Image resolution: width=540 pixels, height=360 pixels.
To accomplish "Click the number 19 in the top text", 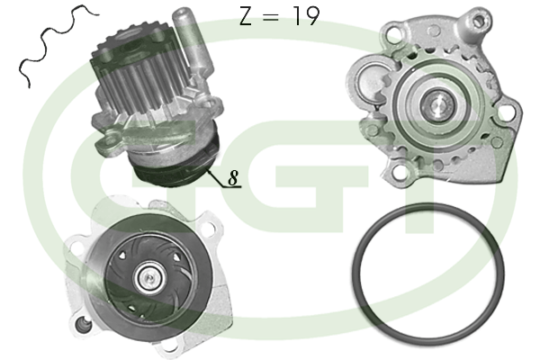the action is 307,16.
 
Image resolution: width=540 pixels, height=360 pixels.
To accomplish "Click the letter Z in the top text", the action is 246,16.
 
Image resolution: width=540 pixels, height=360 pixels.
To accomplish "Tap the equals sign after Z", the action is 270,17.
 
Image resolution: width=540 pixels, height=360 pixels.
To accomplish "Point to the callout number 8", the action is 233,177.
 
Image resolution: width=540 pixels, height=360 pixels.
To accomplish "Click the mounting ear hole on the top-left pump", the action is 110,140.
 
